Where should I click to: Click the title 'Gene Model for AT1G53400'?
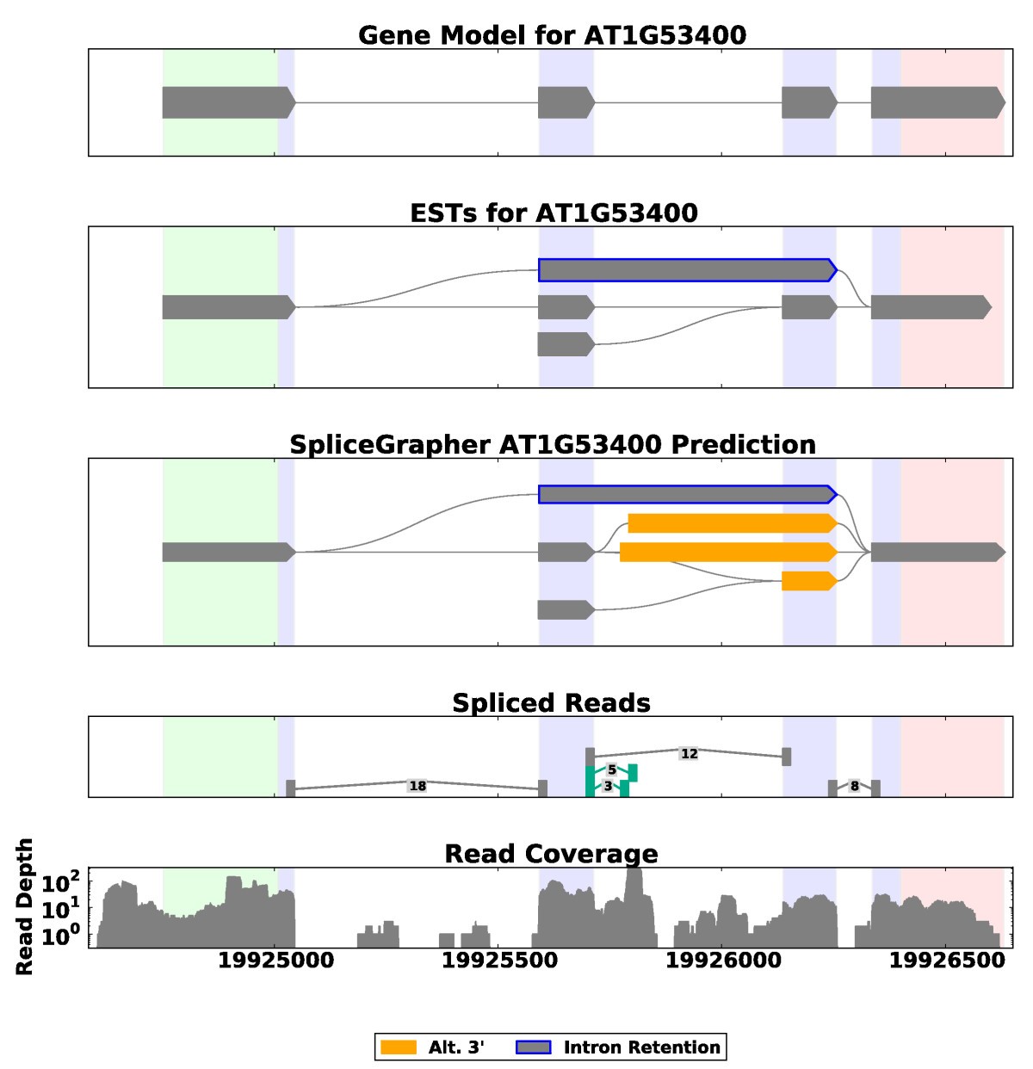(552, 35)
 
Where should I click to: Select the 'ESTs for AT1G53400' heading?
(554, 213)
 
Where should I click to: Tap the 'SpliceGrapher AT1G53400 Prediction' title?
(552, 444)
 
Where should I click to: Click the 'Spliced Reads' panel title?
(551, 702)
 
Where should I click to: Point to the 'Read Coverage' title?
(551, 853)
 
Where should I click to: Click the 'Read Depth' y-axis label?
(24, 906)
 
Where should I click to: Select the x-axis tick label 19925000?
(275, 961)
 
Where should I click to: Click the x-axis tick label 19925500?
(499, 961)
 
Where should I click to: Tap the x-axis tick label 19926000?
(723, 961)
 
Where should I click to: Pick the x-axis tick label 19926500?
(947, 961)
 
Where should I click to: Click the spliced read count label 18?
(418, 786)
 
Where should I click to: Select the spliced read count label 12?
(689, 754)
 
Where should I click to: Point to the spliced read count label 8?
(854, 786)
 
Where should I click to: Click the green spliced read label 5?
(612, 769)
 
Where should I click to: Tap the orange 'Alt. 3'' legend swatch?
(399, 1047)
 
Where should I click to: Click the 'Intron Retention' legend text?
(641, 1047)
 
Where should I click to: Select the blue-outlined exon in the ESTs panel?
(687, 270)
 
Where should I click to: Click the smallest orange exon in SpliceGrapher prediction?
(808, 581)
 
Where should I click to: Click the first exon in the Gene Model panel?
(228, 102)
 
